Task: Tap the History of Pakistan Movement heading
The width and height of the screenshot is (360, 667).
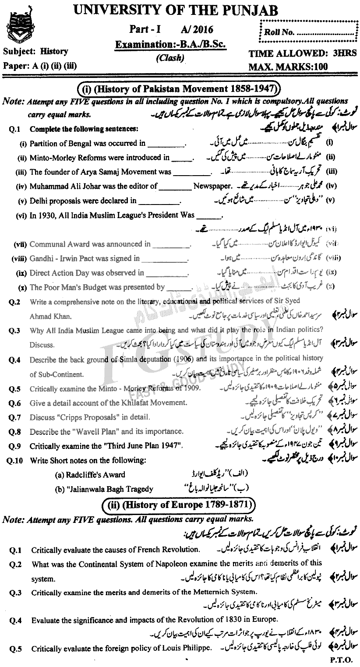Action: pyautogui.click(x=178, y=90)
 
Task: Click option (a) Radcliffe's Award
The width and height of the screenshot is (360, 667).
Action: pyautogui.click(x=90, y=474)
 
